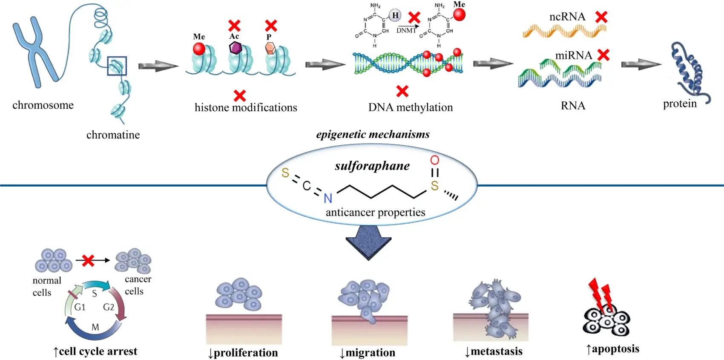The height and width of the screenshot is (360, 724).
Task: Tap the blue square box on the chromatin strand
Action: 117,66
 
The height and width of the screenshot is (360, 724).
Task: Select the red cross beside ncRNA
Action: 601,17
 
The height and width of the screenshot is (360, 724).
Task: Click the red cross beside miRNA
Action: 603,55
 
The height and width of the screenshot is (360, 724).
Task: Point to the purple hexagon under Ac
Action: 236,48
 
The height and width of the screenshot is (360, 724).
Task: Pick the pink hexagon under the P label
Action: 270,48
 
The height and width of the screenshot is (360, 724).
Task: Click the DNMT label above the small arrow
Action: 406,31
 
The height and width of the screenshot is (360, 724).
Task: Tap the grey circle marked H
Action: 395,16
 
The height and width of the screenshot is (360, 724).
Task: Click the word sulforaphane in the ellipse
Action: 372,166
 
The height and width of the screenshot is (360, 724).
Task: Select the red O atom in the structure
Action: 434,160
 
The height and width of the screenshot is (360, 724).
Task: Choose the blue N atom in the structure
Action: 328,198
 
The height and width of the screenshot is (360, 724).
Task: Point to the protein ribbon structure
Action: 688,70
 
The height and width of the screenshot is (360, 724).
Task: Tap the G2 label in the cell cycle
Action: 109,307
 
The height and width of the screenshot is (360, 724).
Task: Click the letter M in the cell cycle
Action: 95,327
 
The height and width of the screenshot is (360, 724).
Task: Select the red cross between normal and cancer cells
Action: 88,260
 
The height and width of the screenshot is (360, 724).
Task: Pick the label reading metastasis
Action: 496,351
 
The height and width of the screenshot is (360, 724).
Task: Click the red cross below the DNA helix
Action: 402,91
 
